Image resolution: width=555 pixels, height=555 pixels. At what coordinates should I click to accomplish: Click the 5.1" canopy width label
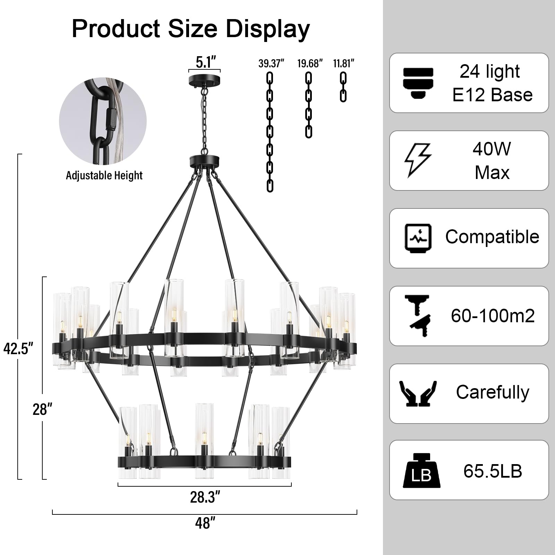click(206, 62)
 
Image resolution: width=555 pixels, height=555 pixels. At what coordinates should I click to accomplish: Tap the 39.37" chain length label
click(271, 64)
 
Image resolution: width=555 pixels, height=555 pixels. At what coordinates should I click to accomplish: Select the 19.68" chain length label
click(310, 64)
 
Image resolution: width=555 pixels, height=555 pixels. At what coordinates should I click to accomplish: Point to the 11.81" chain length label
click(344, 64)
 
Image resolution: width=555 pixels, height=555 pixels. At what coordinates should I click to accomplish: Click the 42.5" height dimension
click(18, 348)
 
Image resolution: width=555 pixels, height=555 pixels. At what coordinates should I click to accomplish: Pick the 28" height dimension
click(42, 410)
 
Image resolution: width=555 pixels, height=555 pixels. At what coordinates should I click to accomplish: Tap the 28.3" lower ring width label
click(205, 497)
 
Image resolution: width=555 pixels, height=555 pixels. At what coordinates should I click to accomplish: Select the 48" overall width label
click(205, 523)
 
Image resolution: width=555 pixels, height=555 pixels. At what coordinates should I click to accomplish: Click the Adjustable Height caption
click(104, 176)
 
